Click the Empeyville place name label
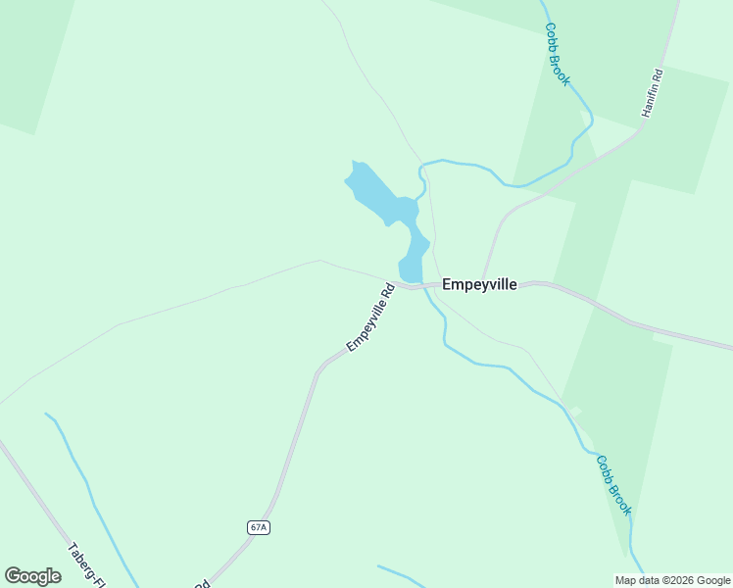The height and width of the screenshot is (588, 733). (479, 285)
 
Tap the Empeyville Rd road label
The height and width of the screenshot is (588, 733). (370, 318)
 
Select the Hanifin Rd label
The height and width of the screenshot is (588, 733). (653, 93)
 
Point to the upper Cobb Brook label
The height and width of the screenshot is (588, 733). (558, 55)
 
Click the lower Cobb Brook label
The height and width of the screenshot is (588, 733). (614, 485)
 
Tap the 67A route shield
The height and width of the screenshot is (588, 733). (258, 527)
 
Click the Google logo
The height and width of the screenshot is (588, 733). (32, 576)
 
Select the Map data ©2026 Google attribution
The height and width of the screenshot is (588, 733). (672, 579)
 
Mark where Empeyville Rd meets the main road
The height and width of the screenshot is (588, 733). (404, 286)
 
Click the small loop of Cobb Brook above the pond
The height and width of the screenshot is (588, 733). (422, 174)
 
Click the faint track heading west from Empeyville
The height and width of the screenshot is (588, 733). (196, 299)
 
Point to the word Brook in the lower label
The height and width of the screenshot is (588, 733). (620, 498)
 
